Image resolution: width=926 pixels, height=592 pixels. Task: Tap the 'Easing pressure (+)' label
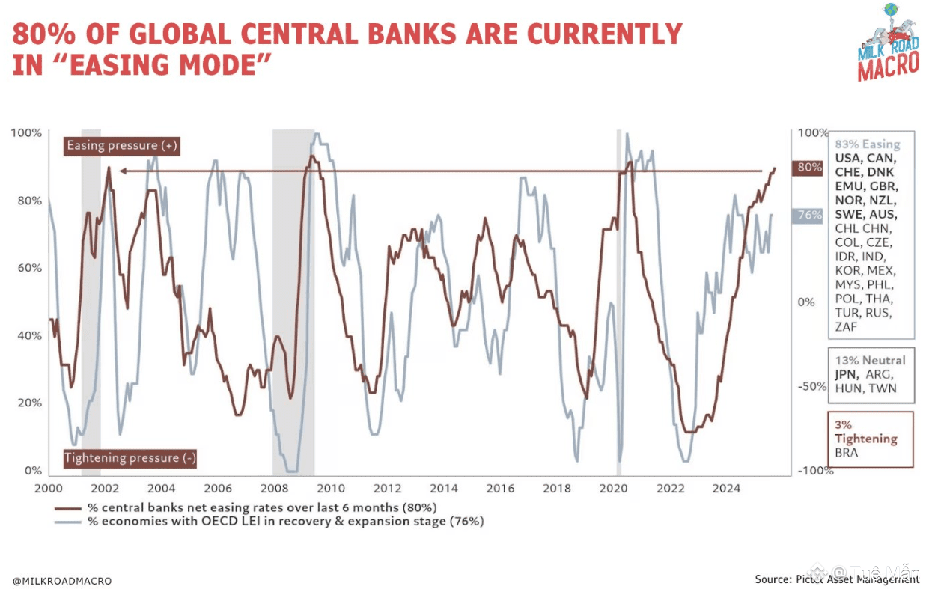click(122, 145)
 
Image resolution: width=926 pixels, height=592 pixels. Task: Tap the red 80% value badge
click(809, 167)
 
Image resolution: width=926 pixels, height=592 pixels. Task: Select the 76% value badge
click(810, 215)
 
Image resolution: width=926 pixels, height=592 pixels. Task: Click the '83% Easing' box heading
click(868, 144)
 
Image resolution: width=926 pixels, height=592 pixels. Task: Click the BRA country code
click(847, 453)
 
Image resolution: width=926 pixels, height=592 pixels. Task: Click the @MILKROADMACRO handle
click(62, 580)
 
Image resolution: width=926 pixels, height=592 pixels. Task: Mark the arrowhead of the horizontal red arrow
click(122, 171)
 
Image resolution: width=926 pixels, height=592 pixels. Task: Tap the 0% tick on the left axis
click(34, 470)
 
